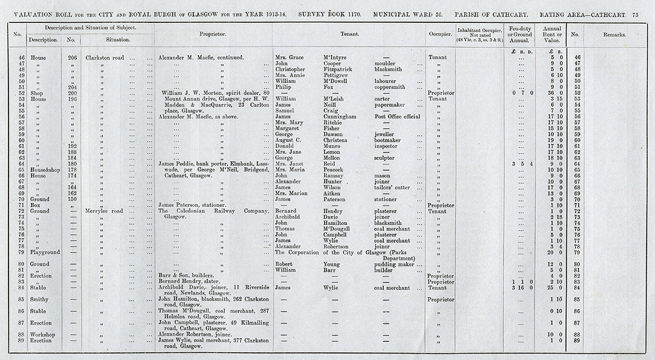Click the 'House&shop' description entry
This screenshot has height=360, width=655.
tap(45, 170)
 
